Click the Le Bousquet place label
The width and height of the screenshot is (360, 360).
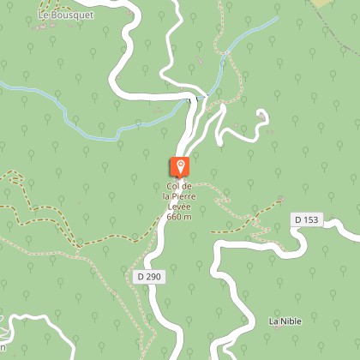[66, 15]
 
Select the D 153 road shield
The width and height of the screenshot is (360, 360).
[306, 220]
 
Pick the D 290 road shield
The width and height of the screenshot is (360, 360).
[148, 277]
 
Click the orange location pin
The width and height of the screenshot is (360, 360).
[180, 168]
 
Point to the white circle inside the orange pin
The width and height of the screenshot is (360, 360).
[180, 165]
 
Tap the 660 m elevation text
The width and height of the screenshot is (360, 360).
[179, 216]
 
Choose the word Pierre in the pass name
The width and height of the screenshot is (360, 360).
[186, 196]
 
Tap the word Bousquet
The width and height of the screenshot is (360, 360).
[72, 15]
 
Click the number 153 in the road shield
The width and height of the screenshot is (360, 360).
[310, 220]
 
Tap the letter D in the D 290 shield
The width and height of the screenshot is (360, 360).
[140, 277]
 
